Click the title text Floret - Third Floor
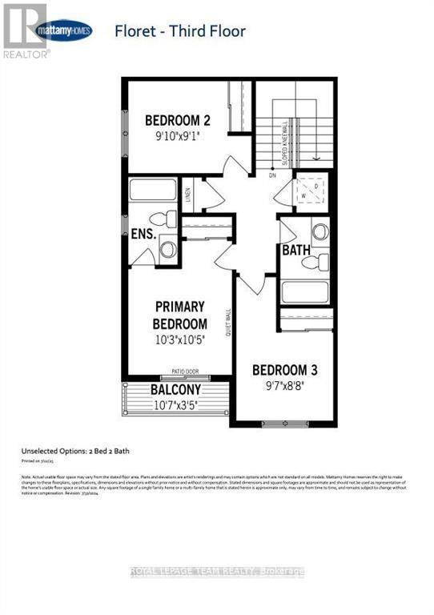coord(179,32)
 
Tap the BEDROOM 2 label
coord(177,121)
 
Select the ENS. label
coord(143,236)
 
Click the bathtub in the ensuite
coord(153,192)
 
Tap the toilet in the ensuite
coord(163,218)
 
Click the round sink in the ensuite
coord(168,248)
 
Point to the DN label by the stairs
coord(272,175)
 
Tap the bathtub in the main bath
coord(304,290)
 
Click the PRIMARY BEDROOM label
coord(180,315)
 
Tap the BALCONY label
coord(175,390)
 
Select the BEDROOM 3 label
coord(284,370)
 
